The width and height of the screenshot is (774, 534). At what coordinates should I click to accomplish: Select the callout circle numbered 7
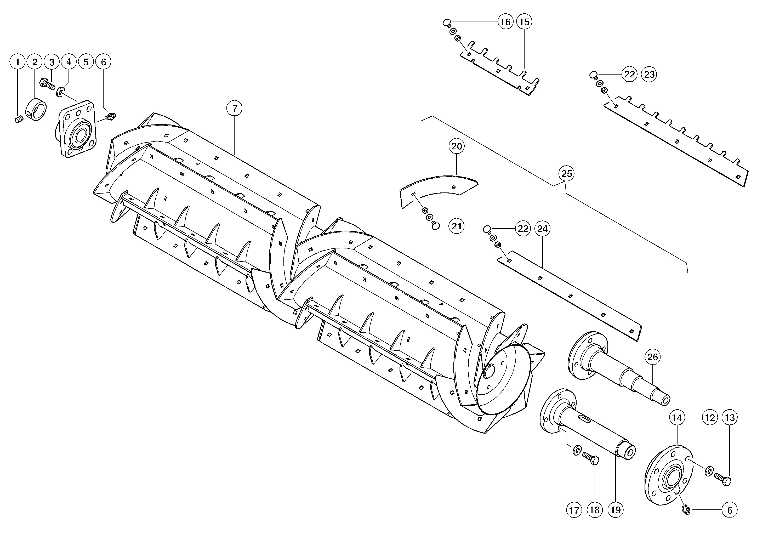pyautogui.click(x=235, y=109)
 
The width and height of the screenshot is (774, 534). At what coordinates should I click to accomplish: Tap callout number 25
pyautogui.click(x=567, y=174)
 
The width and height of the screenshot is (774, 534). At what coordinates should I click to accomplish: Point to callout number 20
pyautogui.click(x=457, y=146)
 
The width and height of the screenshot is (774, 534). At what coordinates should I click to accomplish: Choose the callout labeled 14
pyautogui.click(x=677, y=418)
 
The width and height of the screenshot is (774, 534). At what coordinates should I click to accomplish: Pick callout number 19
pyautogui.click(x=616, y=510)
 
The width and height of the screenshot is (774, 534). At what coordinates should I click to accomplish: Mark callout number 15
pyautogui.click(x=524, y=22)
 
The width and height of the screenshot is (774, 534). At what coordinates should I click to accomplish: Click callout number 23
pyautogui.click(x=649, y=74)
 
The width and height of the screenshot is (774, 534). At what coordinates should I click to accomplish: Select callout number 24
pyautogui.click(x=543, y=229)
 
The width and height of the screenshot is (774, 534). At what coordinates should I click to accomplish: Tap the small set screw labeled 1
pyautogui.click(x=19, y=119)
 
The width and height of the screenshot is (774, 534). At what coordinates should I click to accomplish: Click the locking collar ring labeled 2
pyautogui.click(x=36, y=109)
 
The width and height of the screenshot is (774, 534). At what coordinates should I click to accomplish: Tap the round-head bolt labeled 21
pyautogui.click(x=435, y=225)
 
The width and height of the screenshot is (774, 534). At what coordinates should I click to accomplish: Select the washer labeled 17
pyautogui.click(x=577, y=450)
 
